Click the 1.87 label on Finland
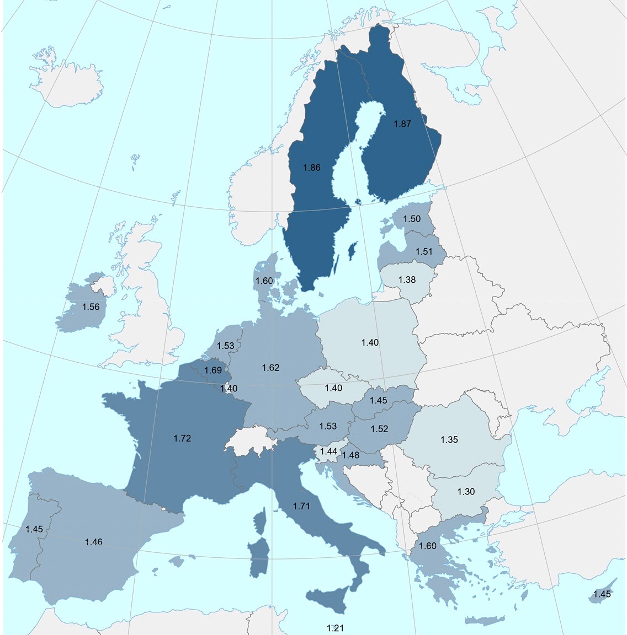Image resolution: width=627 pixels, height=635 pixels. (x=402, y=124)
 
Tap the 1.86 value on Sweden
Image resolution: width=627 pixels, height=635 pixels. (x=311, y=168)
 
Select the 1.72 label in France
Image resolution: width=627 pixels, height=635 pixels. (x=182, y=438)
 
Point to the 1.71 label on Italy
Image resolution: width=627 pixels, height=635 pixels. (x=301, y=505)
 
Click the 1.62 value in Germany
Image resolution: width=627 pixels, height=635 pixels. (x=270, y=368)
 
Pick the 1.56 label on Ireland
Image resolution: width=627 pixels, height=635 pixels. (x=91, y=307)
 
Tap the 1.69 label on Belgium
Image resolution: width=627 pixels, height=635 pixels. (x=213, y=370)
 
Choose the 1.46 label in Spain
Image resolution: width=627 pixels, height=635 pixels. (x=94, y=542)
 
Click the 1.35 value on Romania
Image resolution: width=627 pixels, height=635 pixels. (x=449, y=440)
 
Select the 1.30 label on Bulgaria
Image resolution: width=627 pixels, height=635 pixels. (x=466, y=492)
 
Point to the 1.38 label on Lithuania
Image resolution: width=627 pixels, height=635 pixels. (x=407, y=279)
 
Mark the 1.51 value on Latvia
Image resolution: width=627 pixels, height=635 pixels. (x=424, y=252)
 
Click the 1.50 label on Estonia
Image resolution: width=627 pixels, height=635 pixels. (x=412, y=219)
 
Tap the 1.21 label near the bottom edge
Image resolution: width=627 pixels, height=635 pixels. (x=335, y=628)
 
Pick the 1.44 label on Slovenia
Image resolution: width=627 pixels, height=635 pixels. (x=328, y=451)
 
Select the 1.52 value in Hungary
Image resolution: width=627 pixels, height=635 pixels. (x=380, y=429)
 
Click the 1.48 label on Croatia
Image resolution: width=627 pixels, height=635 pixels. (x=350, y=455)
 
